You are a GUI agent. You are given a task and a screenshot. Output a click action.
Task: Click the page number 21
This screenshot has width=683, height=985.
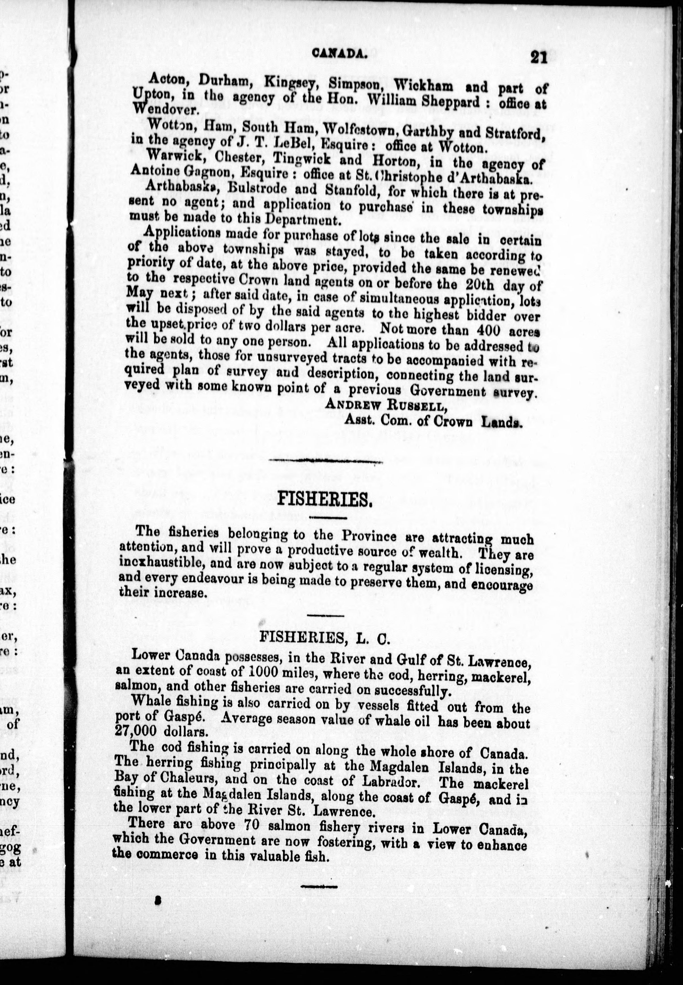coord(538,57)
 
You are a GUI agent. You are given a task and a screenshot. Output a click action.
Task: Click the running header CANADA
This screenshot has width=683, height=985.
coord(339,53)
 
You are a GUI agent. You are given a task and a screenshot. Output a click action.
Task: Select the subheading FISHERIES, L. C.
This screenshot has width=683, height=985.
coord(324,639)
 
